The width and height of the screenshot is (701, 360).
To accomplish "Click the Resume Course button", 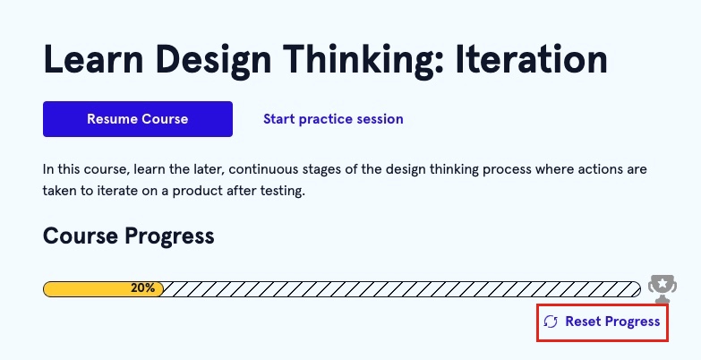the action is pos(138,119).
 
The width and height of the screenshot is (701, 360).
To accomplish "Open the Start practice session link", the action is pos(333,119).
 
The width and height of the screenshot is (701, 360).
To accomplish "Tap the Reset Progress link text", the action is pos(612,321).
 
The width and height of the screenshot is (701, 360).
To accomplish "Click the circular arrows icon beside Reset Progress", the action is pos(551,321).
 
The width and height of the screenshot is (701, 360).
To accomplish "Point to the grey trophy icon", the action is pos(663,289).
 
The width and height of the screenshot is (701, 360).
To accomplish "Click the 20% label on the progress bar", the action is pos(142,288).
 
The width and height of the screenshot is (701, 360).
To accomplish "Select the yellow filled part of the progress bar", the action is pos(103,289).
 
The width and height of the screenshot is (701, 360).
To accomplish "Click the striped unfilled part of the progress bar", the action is pos(401,289).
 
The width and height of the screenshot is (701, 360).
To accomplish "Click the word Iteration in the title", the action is pos(531,59).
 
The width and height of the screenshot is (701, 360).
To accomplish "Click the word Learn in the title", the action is pos(93,59).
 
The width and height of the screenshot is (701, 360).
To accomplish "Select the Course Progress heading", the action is pos(129,236).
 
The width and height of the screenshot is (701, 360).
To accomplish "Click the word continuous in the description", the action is pos(263,169).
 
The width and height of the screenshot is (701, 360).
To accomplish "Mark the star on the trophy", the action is pos(663,283).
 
